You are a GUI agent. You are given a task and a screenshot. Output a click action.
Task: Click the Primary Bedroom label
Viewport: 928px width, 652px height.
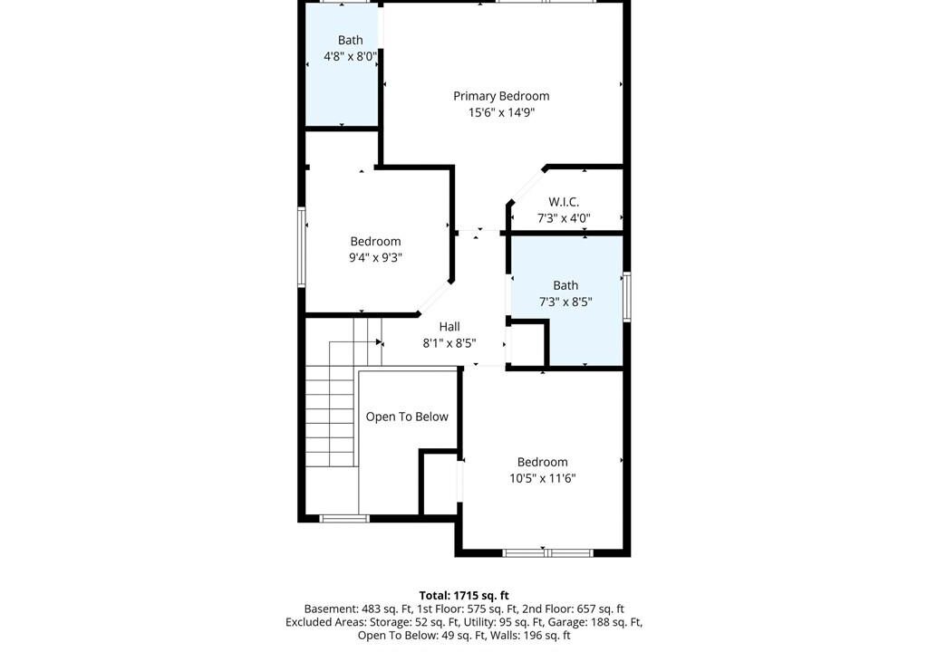[501, 96]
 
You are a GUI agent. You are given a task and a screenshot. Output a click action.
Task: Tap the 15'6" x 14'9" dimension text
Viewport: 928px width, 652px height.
[501, 112]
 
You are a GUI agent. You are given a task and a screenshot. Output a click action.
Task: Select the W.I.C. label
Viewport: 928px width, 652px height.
[564, 202]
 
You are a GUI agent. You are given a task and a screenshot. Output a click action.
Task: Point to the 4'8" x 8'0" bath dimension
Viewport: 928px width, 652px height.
[350, 57]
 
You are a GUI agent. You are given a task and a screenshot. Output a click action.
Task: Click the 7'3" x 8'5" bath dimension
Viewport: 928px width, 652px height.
[565, 302]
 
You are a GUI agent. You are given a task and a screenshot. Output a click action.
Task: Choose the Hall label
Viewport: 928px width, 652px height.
[449, 327]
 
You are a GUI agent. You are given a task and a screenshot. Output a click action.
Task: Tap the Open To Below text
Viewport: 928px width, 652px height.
[407, 417]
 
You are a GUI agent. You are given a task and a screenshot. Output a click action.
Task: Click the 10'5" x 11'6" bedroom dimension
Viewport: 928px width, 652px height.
[542, 478]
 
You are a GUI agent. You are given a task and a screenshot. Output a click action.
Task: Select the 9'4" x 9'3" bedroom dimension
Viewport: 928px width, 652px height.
[375, 257]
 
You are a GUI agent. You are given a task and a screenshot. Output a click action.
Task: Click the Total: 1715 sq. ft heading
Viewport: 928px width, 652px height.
[464, 596]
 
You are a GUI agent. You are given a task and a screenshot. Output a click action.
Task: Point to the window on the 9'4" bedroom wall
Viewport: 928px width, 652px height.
[301, 247]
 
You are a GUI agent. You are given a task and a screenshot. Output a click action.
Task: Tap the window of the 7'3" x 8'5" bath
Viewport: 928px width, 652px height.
[627, 296]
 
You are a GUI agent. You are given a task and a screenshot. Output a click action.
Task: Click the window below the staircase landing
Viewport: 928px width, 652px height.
[344, 519]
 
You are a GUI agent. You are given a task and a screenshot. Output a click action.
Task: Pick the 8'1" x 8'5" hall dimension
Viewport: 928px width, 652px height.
[449, 343]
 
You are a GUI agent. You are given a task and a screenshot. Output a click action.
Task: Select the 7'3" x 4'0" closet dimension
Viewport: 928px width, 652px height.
[564, 218]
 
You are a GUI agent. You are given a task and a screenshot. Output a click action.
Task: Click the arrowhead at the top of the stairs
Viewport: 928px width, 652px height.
[380, 342]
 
